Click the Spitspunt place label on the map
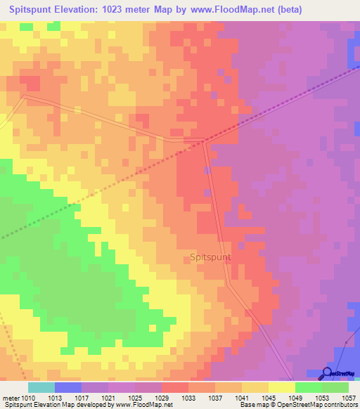click(210, 258)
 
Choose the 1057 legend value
click(349, 397)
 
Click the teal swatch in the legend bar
click(41, 387)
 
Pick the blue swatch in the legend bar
click(68, 387)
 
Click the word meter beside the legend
click(11, 397)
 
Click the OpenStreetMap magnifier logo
click(326, 375)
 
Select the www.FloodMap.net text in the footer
click(143, 405)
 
